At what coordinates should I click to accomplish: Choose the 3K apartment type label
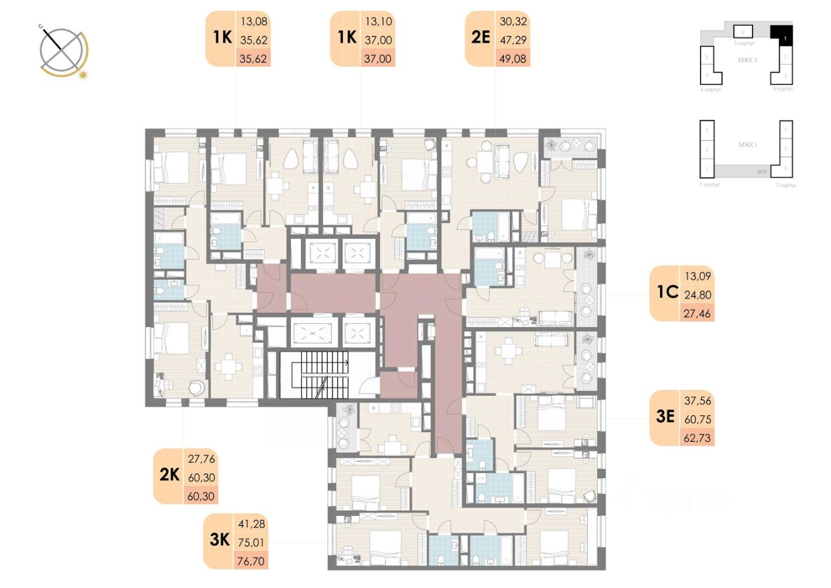218,541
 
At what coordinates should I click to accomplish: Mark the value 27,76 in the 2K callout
201,459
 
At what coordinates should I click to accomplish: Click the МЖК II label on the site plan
749,60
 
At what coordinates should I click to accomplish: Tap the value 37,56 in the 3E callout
698,400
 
